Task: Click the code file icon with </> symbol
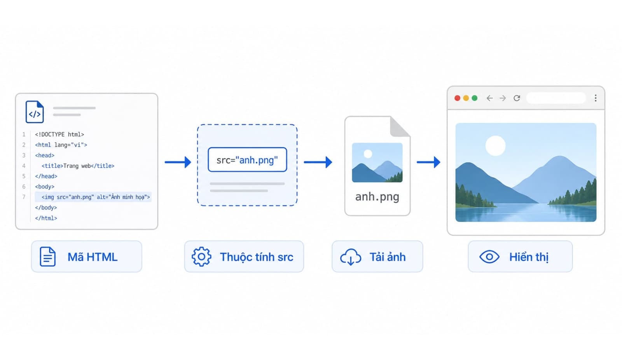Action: click(35, 112)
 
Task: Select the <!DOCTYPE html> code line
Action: click(59, 135)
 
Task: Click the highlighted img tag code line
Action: click(93, 197)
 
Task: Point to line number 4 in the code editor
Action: click(24, 166)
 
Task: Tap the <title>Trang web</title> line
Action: click(78, 166)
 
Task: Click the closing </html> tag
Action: click(46, 218)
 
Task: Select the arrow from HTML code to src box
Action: click(178, 162)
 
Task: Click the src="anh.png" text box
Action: click(247, 160)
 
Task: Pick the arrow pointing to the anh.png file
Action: click(318, 162)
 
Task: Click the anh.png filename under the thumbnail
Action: click(377, 197)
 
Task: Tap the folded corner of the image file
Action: click(400, 127)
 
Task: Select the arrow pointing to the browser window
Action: click(428, 162)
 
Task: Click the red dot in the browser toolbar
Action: click(457, 98)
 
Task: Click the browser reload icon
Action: click(517, 98)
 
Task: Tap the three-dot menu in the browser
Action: click(596, 98)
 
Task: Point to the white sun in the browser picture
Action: click(495, 145)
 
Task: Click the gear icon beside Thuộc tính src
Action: click(201, 257)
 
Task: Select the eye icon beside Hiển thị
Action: click(489, 257)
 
